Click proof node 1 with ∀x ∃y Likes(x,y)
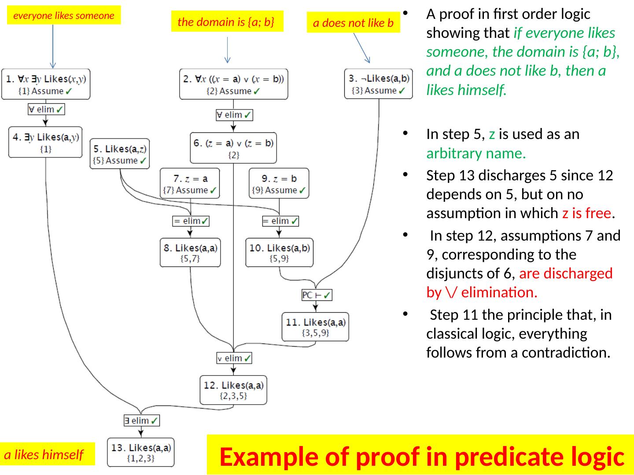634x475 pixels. (x=46, y=84)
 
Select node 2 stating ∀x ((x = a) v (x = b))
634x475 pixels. (x=233, y=84)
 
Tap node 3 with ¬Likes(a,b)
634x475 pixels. (x=378, y=84)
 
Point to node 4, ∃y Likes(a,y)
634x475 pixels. (x=45, y=142)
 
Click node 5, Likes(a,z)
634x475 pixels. (x=120, y=154)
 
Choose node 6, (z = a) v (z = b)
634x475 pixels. (x=233, y=148)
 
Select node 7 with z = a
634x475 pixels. (x=190, y=183)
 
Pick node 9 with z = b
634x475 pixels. (x=279, y=183)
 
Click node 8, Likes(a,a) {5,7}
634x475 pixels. (x=190, y=252)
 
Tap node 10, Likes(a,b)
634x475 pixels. (x=279, y=252)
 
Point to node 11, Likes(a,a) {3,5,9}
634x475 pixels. (x=315, y=327)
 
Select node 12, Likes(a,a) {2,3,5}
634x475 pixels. (x=233, y=390)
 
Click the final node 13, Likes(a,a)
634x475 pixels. (x=141, y=453)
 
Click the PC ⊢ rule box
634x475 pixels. (x=317, y=295)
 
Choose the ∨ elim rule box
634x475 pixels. (x=234, y=358)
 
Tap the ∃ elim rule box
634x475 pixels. (x=141, y=420)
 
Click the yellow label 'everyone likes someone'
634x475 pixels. (x=64, y=15)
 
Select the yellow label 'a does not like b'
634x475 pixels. (x=353, y=23)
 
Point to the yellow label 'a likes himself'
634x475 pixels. (x=44, y=454)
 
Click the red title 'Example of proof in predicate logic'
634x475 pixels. (x=421, y=456)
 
